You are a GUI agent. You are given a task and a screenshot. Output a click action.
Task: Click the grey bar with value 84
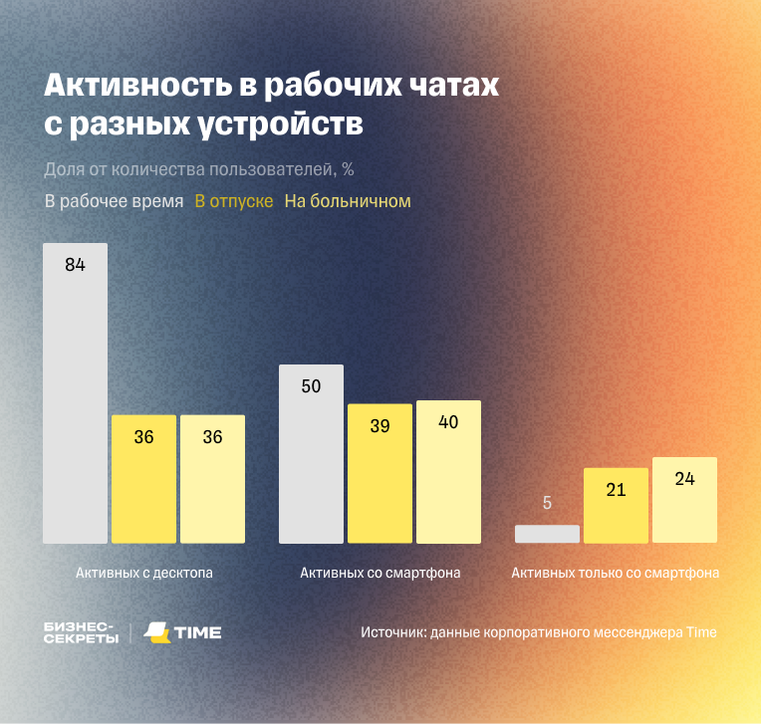coord(75,398)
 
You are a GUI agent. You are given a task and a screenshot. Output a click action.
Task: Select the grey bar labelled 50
coord(311,458)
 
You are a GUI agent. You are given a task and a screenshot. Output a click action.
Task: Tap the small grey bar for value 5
coord(547,534)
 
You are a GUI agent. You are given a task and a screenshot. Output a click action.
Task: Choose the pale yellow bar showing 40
coord(448,472)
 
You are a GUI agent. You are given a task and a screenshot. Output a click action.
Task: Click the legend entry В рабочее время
coord(114,201)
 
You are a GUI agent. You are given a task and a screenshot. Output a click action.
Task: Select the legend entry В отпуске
coord(234,201)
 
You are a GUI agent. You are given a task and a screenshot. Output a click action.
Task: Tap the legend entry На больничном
coord(348,201)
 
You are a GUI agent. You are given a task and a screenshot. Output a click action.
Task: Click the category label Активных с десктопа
coord(144,574)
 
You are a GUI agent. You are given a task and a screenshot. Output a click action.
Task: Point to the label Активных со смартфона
coord(380,574)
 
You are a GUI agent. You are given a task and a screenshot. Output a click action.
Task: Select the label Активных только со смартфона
coord(616,574)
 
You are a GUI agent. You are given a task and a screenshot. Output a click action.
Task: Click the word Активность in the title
coord(134,87)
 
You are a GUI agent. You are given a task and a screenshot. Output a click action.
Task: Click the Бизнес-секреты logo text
coord(81,632)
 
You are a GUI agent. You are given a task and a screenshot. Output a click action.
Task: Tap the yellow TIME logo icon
coord(156,632)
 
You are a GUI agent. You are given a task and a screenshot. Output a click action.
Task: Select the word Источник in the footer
coord(392,632)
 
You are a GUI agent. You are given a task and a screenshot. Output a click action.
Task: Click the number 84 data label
coord(75,265)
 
